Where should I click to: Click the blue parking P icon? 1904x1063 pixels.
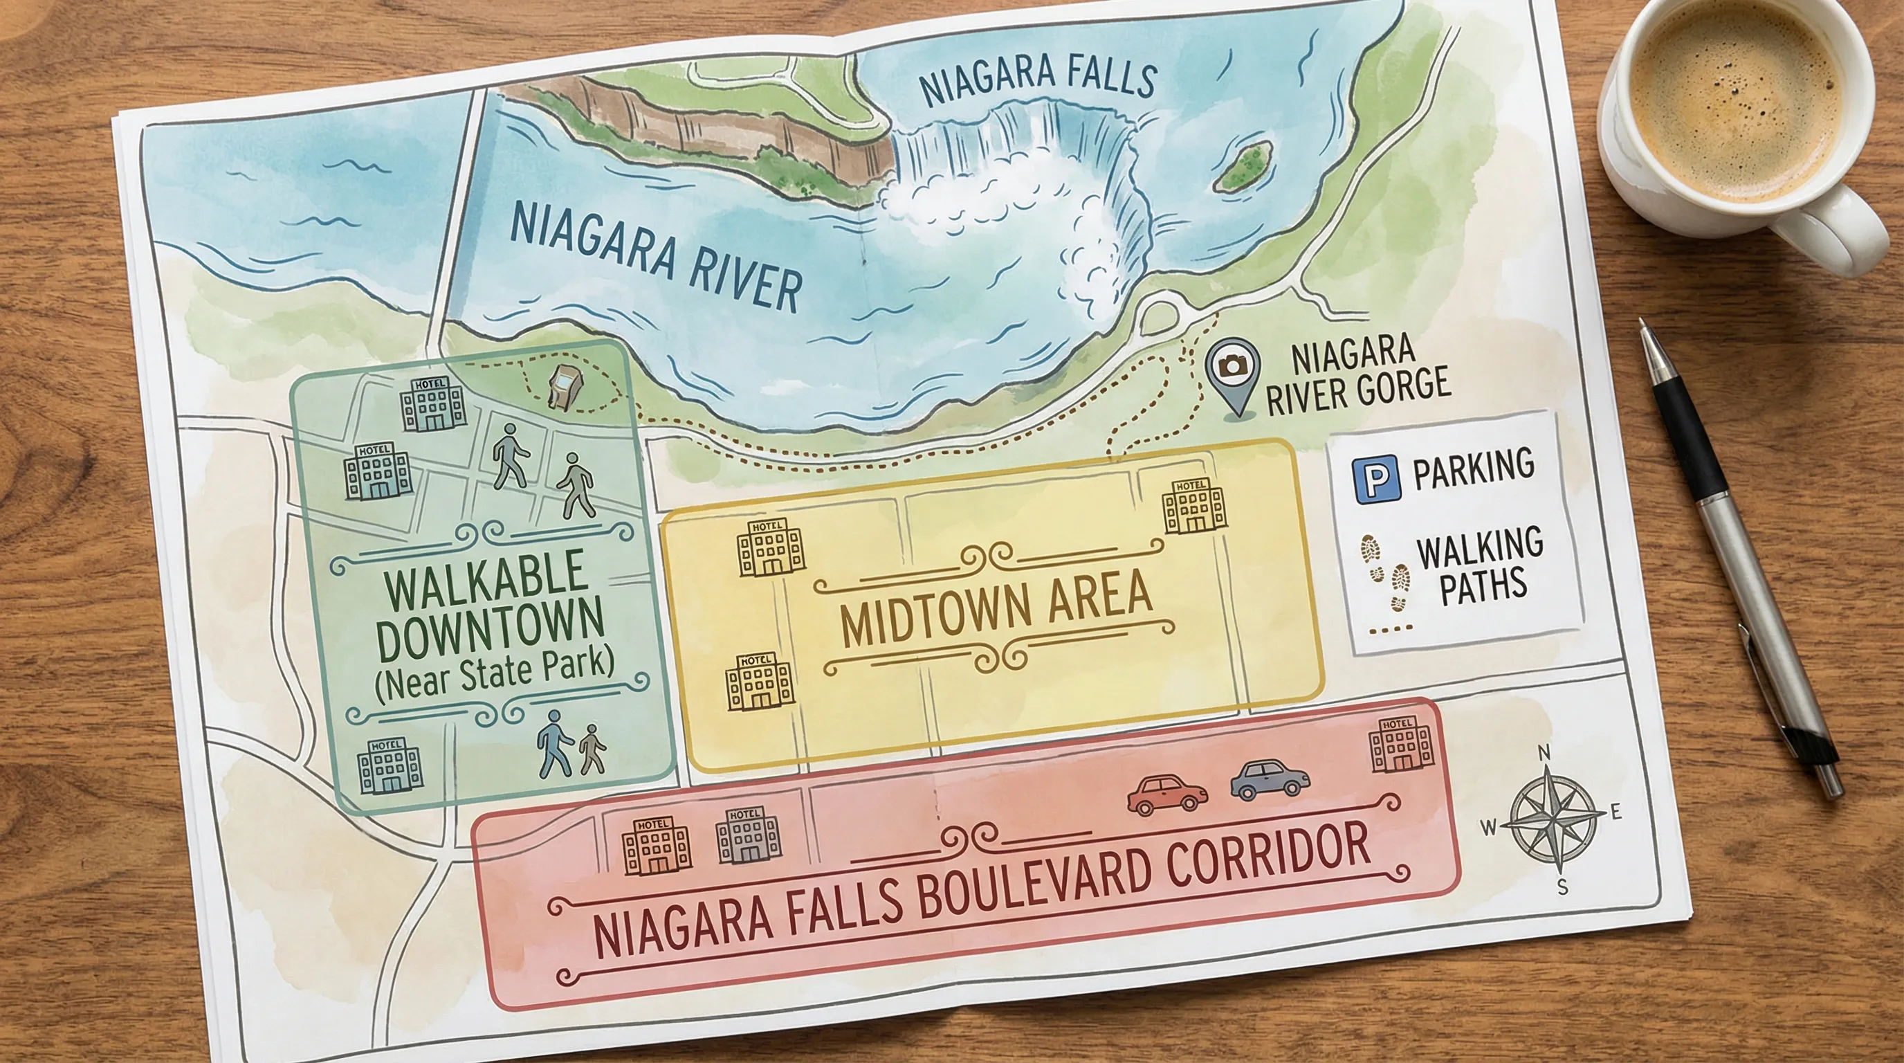point(1376,480)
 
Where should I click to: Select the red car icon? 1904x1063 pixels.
point(1166,794)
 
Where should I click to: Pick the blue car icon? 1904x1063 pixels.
point(1269,779)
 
